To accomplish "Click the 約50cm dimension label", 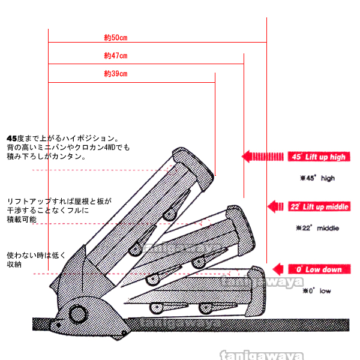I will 115,37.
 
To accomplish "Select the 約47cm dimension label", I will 115,56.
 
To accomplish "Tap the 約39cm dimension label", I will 115,74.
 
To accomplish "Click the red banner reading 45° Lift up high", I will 318,157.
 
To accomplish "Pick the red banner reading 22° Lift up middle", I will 318,207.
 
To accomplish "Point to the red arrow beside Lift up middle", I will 275,207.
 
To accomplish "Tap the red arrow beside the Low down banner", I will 280,269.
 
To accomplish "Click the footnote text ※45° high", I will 317,178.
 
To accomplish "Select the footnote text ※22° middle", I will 317,228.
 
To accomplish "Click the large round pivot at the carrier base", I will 78,313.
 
